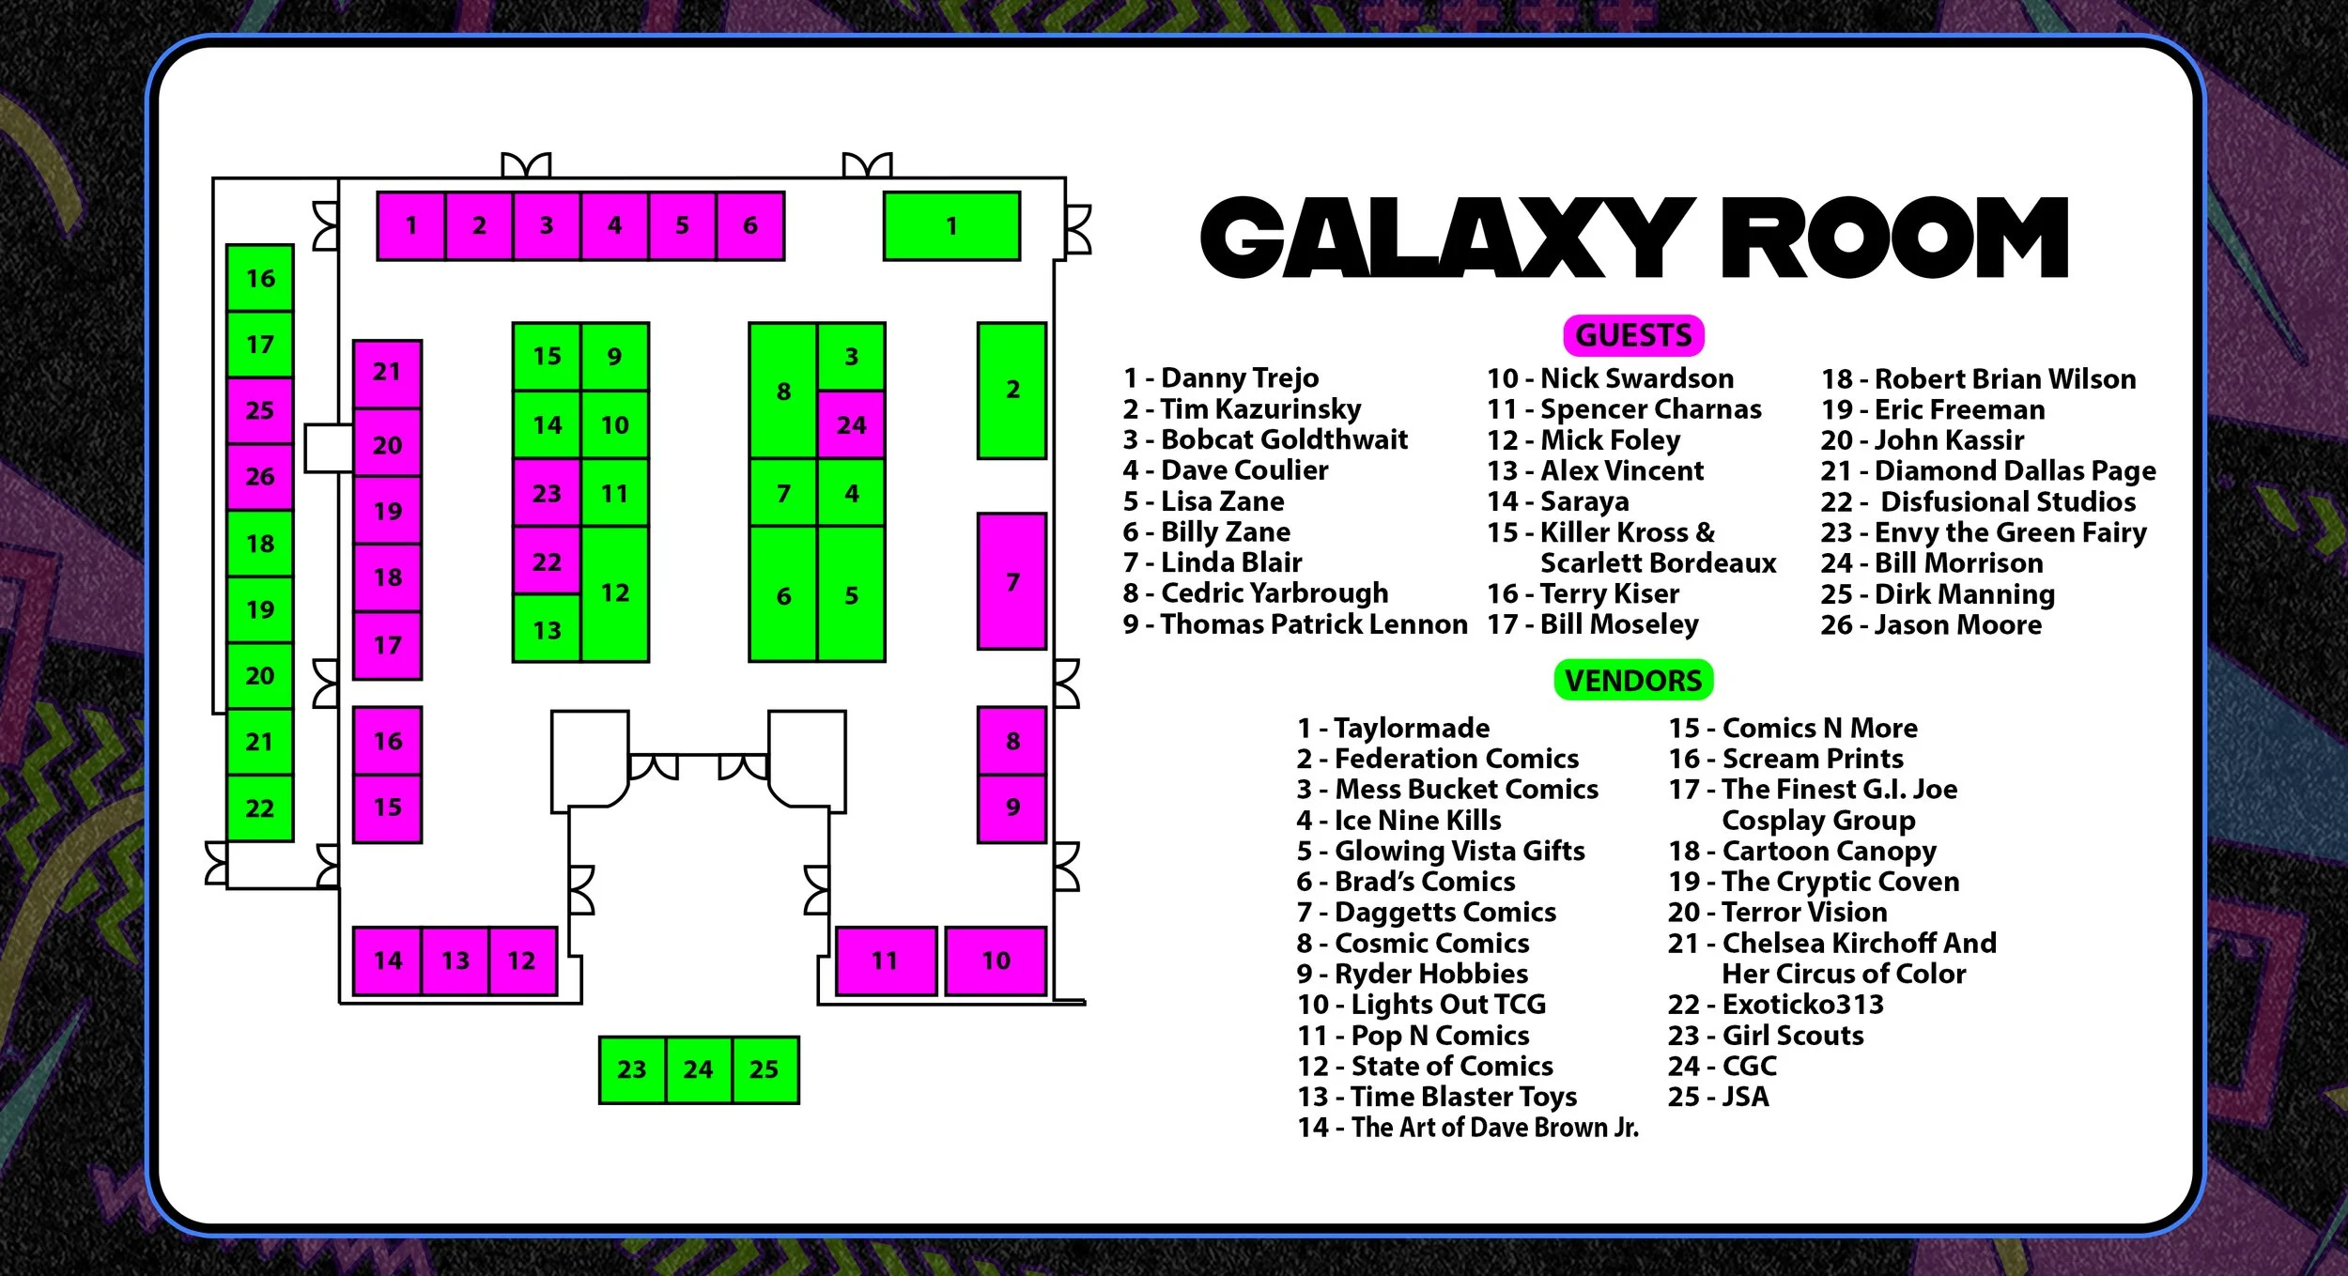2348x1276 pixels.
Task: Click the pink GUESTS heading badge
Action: click(1632, 335)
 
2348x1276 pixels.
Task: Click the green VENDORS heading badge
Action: click(1632, 680)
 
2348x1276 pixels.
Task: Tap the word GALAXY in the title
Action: click(1446, 238)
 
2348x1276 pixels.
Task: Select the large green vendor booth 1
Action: click(951, 226)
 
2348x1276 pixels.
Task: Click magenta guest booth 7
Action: click(1012, 581)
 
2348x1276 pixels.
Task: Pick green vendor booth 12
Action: click(615, 593)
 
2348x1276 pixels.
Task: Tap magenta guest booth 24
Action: click(851, 425)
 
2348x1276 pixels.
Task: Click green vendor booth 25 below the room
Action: click(765, 1069)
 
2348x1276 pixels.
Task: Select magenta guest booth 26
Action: click(260, 477)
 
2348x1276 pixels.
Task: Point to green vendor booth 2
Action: click(1012, 391)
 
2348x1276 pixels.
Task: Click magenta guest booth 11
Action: click(885, 961)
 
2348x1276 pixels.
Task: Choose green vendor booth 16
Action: click(260, 278)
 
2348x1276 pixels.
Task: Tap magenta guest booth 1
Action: click(411, 225)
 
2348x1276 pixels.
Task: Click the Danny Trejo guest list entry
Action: click(1221, 377)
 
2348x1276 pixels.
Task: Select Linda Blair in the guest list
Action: click(1213, 562)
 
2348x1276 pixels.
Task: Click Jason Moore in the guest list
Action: click(1931, 624)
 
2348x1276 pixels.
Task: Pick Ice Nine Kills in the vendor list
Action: click(1399, 820)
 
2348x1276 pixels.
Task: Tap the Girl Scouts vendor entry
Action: click(1766, 1035)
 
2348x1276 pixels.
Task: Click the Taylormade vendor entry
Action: click(1394, 728)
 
